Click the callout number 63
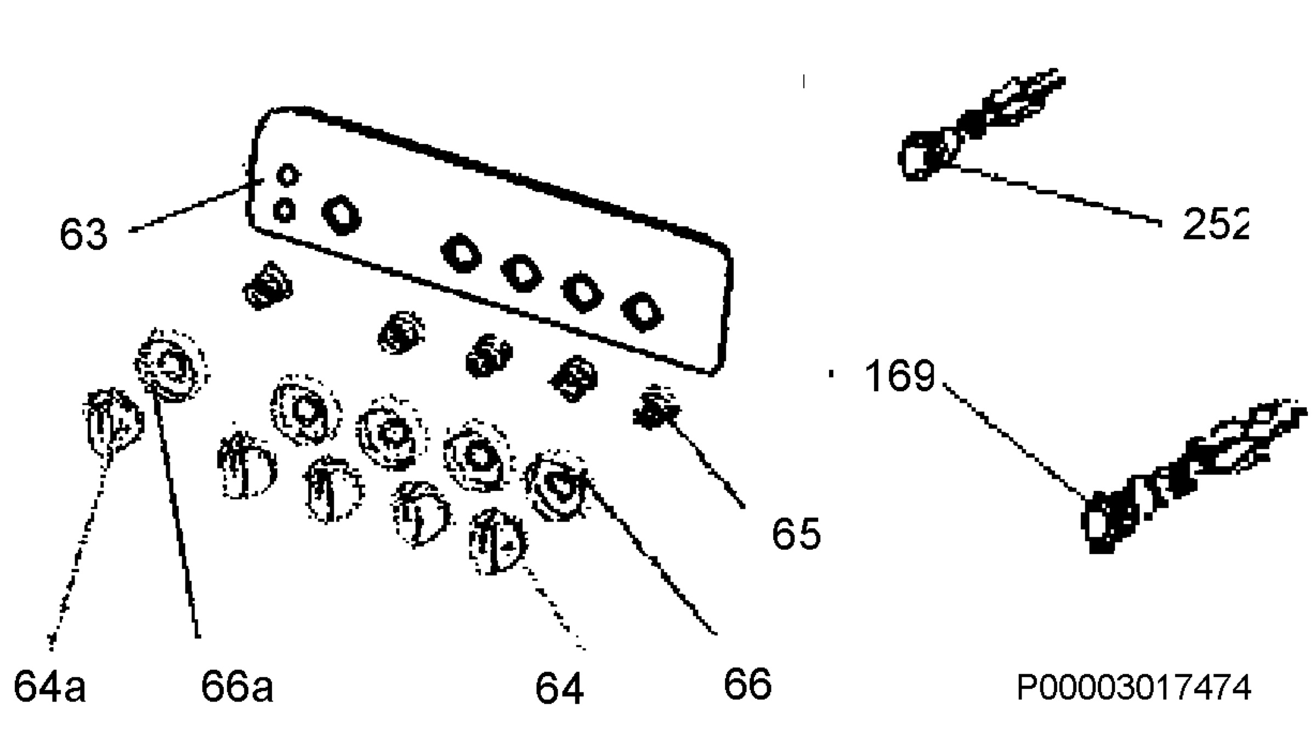coord(83,235)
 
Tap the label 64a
coord(49,686)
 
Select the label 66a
coord(237,686)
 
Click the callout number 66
coord(747,684)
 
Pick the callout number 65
coord(796,533)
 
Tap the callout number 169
coord(899,376)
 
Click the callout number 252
coord(1216,224)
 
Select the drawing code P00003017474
coord(1134,687)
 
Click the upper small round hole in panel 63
coord(288,175)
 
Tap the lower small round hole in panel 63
coord(284,210)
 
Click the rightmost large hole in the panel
coord(642,312)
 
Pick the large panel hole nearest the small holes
coord(342,215)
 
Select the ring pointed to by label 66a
coord(172,366)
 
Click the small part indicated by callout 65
coord(656,407)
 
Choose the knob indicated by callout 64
coord(497,541)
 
